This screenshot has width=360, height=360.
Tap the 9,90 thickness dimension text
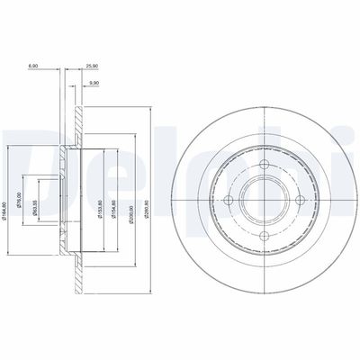(x=93, y=84)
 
